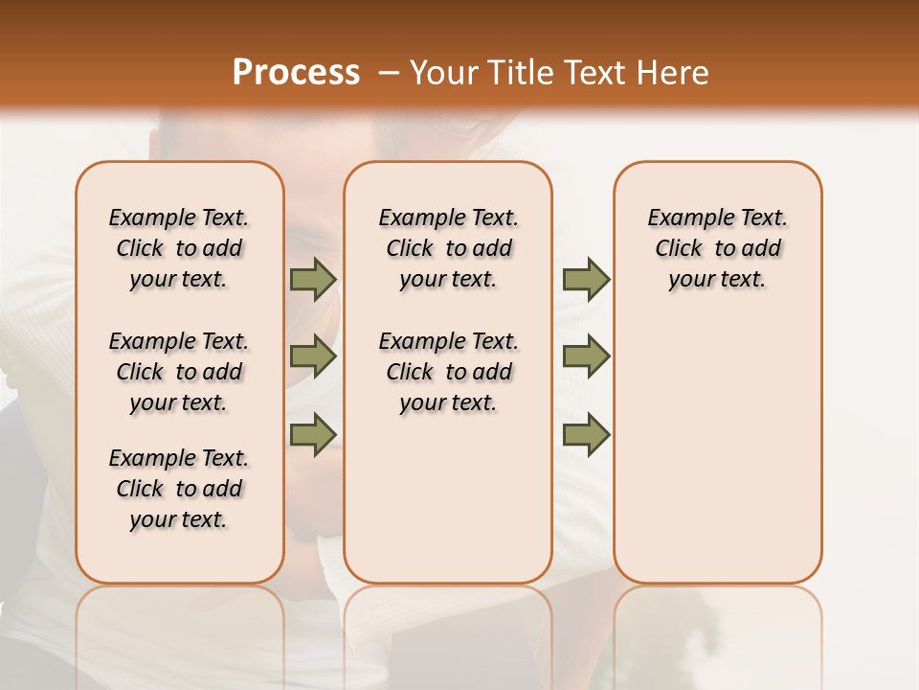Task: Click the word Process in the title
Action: tap(296, 73)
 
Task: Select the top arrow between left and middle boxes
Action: tap(313, 280)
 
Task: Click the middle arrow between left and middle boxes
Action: tap(313, 356)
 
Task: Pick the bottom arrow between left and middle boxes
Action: tap(313, 434)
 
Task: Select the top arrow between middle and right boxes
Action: tap(586, 280)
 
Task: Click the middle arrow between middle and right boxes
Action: tap(586, 356)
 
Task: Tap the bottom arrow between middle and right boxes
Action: tap(586, 434)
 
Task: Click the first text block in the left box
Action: tap(179, 248)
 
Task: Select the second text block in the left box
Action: tap(179, 372)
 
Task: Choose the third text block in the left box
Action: tap(179, 489)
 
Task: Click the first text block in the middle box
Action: tap(448, 248)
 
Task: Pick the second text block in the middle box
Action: tap(448, 372)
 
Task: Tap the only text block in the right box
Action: tap(717, 248)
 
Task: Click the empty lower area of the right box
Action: tap(717, 450)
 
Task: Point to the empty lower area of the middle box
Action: tap(448, 498)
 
